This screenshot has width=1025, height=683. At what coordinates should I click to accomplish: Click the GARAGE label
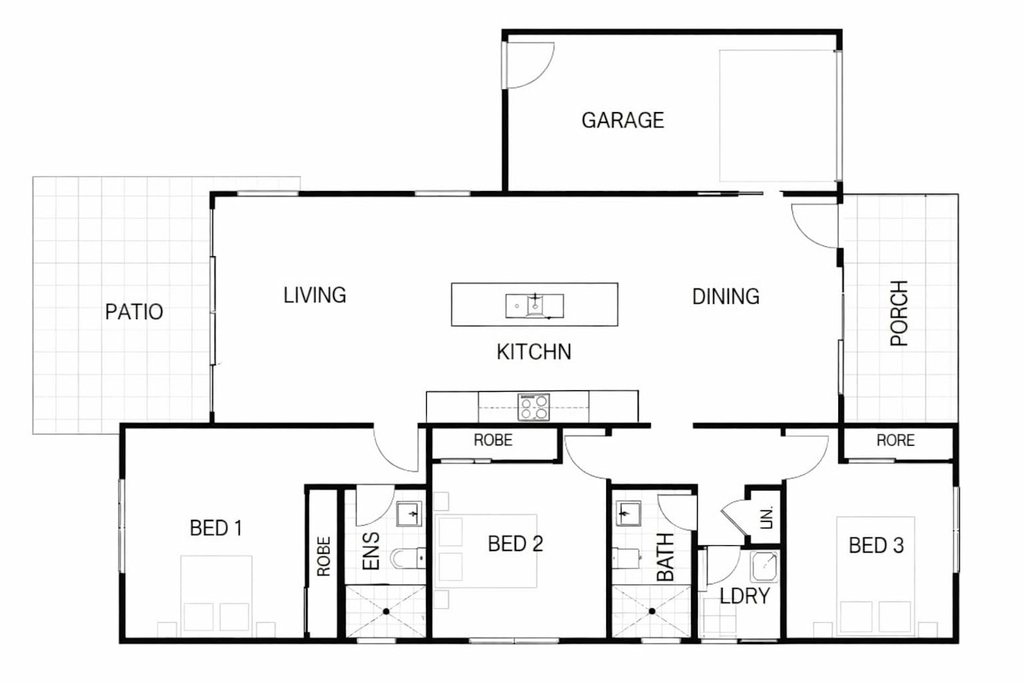tap(623, 120)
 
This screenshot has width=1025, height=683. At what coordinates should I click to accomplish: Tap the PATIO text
tap(134, 312)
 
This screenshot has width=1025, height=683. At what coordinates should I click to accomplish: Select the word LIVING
tap(315, 295)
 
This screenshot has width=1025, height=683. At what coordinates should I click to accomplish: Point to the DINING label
tap(726, 297)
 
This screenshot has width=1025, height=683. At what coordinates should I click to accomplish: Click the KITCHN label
tap(534, 352)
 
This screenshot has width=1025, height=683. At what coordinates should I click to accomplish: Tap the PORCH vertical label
tap(899, 313)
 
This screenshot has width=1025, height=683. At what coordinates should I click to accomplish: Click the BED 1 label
tap(215, 528)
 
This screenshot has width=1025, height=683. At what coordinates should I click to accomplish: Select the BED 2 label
tap(515, 544)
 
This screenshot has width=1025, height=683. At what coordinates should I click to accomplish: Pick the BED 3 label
tap(876, 545)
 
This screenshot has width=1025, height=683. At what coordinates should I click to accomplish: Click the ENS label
tap(371, 551)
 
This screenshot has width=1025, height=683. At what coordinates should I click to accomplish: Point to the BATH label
tap(666, 557)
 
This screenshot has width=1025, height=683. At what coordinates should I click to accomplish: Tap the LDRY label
tap(745, 596)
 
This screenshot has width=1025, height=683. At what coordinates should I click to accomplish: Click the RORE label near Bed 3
tap(895, 441)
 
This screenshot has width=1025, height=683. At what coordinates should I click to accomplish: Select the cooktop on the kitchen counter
tap(534, 407)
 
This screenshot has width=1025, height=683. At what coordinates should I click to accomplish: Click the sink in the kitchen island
tap(535, 306)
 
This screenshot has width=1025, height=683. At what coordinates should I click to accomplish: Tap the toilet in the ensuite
tap(407, 558)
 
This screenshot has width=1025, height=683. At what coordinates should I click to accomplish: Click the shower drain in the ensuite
tap(387, 612)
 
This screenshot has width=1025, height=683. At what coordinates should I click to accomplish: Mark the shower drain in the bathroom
tap(652, 611)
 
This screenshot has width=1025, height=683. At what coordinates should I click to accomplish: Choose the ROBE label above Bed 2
tap(493, 440)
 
